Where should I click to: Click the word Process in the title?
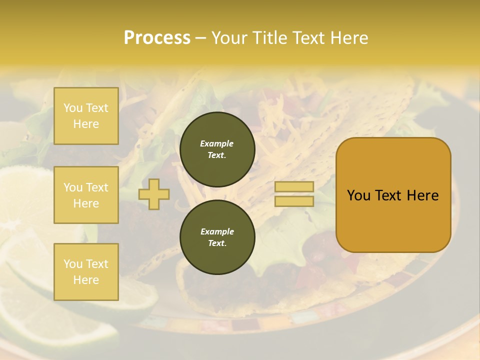click(x=157, y=38)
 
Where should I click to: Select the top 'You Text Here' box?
click(x=86, y=116)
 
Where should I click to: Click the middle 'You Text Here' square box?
click(x=86, y=195)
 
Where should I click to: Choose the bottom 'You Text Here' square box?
click(x=86, y=272)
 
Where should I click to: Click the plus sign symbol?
click(x=154, y=194)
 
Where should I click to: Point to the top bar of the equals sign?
click(x=294, y=187)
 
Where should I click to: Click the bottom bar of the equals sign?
click(x=294, y=201)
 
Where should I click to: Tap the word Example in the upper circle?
click(x=217, y=143)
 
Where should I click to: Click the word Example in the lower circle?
click(x=217, y=231)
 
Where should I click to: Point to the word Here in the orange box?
click(x=422, y=195)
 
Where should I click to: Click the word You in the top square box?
click(x=73, y=108)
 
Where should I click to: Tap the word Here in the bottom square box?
click(x=86, y=280)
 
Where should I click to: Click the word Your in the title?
click(x=228, y=38)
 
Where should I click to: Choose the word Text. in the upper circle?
click(x=217, y=155)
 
